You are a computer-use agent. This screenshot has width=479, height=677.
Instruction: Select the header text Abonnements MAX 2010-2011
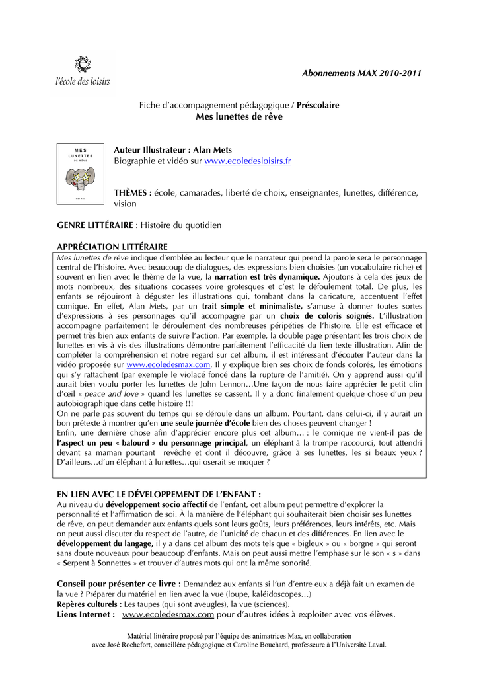coord(361,73)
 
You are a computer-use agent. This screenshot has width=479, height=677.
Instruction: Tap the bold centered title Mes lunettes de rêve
coord(239,117)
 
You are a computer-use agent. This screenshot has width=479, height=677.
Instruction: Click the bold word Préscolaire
coord(318,105)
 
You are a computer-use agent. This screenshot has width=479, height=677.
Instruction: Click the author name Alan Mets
coord(213,150)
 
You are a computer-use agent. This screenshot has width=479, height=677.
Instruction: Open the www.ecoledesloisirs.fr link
coord(248,161)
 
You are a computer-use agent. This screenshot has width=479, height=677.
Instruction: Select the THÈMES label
coord(133,193)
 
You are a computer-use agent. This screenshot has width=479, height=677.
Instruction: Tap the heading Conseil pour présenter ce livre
coord(119,584)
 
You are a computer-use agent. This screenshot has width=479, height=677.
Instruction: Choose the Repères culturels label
coord(89,604)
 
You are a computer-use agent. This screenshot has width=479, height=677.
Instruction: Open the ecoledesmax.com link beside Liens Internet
coord(168,615)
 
